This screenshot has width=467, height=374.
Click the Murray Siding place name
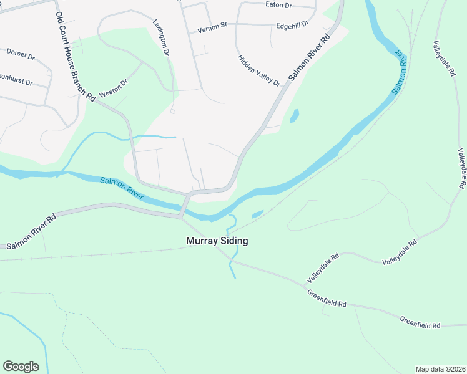pos(217,241)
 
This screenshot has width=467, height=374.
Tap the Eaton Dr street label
pos(278,4)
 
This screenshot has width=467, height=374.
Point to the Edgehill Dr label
pos(292,25)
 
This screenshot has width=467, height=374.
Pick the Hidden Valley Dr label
pos(259,70)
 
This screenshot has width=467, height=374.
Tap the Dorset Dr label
pos(20,54)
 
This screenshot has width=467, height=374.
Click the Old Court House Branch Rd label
pos(74,56)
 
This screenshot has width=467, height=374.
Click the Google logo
pos(21,367)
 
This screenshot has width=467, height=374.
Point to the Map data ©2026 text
pos(440,369)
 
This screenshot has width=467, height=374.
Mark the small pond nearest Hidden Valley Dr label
pos(293,115)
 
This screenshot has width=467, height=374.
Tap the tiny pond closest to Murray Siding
pos(257,214)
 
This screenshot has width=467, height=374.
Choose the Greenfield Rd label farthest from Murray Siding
pos(420,322)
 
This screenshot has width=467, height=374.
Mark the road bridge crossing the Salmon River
pos(184,206)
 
